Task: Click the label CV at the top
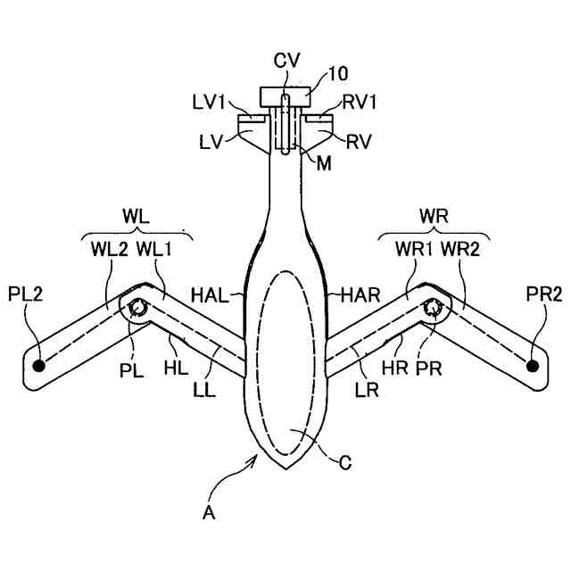286,60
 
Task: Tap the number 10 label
340,74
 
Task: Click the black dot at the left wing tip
38,365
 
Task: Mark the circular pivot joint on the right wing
434,308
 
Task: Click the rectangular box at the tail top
285,95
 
